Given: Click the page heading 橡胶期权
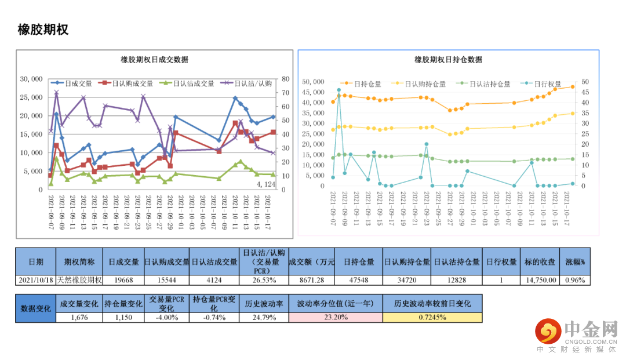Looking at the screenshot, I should (43, 30).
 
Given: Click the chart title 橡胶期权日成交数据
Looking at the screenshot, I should (154, 60).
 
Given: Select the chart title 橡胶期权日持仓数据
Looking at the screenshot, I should (448, 60).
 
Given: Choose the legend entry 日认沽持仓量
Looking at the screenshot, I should (489, 83).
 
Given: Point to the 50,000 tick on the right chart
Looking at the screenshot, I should (314, 82).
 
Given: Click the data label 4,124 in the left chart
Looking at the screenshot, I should (267, 184).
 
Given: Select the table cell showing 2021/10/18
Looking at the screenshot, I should (36, 280).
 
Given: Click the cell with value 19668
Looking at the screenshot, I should (123, 280).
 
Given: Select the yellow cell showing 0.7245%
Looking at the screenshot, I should (432, 317).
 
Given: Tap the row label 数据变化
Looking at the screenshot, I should (36, 308).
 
